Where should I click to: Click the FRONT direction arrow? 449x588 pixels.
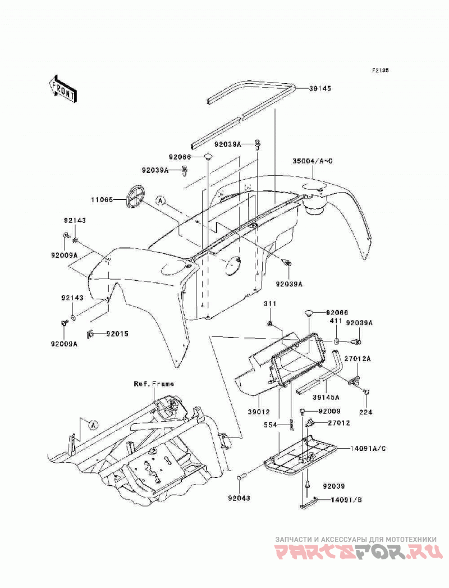pyautogui.click(x=62, y=89)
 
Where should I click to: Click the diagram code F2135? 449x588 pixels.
pyautogui.click(x=380, y=70)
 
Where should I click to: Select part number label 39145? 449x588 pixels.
pyautogui.click(x=320, y=89)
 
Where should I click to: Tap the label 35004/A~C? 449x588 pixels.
pyautogui.click(x=313, y=161)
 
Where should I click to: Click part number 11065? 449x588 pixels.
pyautogui.click(x=102, y=200)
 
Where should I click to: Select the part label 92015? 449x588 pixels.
pyautogui.click(x=117, y=333)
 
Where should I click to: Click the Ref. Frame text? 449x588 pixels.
pyautogui.click(x=154, y=384)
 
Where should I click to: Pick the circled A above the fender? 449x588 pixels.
pyautogui.click(x=161, y=201)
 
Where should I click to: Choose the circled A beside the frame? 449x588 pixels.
pyautogui.click(x=93, y=425)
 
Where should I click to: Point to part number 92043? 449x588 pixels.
pyautogui.click(x=239, y=498)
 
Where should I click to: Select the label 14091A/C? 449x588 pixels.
pyautogui.click(x=368, y=448)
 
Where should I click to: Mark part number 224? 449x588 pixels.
pyautogui.click(x=366, y=412)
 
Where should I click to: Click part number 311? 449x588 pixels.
pyautogui.click(x=269, y=303)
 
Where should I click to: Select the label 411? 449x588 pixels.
pyautogui.click(x=336, y=321)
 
